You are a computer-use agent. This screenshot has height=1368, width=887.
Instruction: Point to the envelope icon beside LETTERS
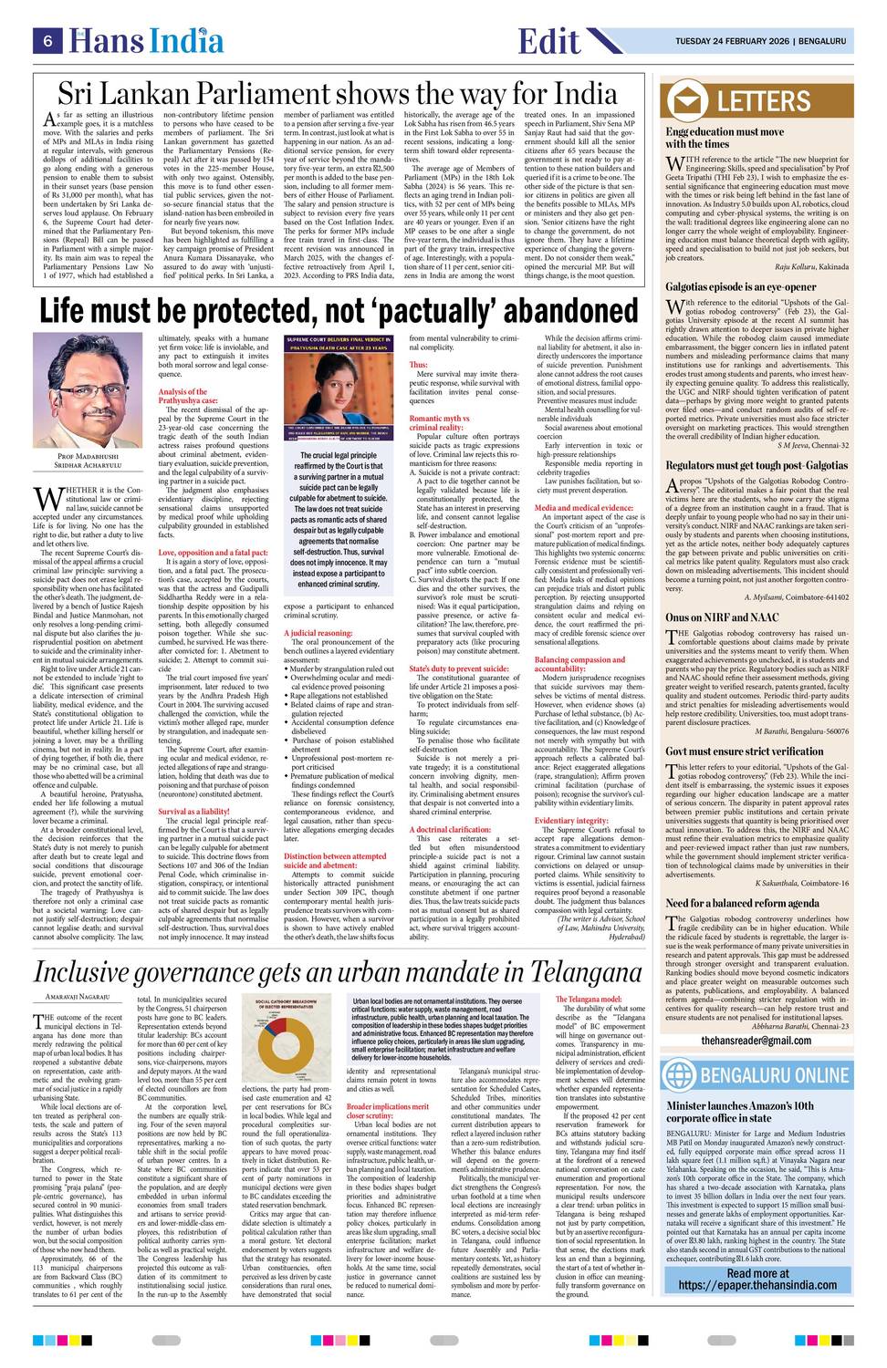688,101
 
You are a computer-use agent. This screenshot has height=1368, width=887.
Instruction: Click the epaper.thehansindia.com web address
757,1311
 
